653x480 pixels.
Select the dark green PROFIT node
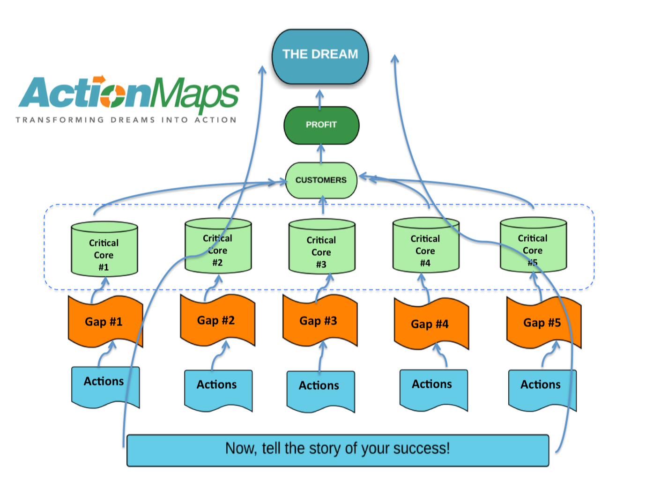tap(321, 125)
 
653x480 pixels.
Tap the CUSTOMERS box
tap(321, 180)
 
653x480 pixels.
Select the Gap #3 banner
tap(319, 321)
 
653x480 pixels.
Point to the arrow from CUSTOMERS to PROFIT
tap(321, 154)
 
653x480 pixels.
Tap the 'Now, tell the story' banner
tap(337, 450)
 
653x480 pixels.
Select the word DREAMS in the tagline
tap(133, 120)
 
